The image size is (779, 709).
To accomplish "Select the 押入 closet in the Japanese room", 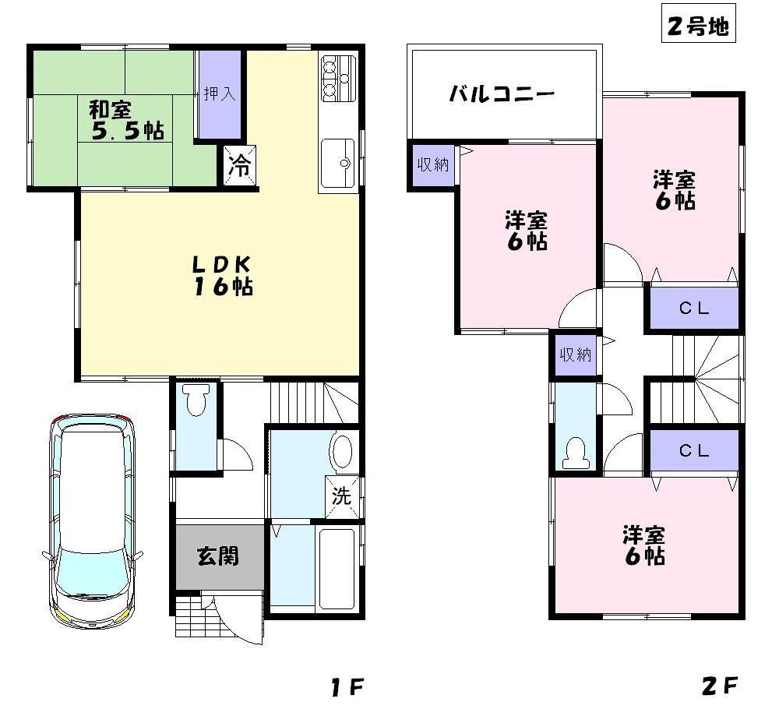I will (x=219, y=94).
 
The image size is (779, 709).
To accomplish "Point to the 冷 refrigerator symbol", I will (x=240, y=166).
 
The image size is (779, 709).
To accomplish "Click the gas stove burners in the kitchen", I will (x=337, y=78).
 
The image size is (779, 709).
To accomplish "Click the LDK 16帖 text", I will (x=221, y=275).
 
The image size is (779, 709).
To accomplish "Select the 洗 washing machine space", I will (x=342, y=496).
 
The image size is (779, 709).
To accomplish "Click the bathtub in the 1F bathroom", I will (x=337, y=568).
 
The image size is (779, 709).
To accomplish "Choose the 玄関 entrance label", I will (x=217, y=556).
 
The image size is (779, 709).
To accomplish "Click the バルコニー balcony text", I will (x=502, y=95).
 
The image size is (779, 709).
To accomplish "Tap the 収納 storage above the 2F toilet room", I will (x=575, y=354).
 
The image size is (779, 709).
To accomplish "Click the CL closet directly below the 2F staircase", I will (x=693, y=450).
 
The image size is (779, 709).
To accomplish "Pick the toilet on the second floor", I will (x=575, y=454).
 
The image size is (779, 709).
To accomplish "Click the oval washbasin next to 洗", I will (x=342, y=451).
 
